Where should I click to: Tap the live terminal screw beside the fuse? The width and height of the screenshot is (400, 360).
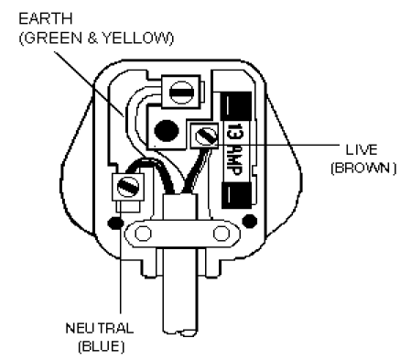coord(203,138)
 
